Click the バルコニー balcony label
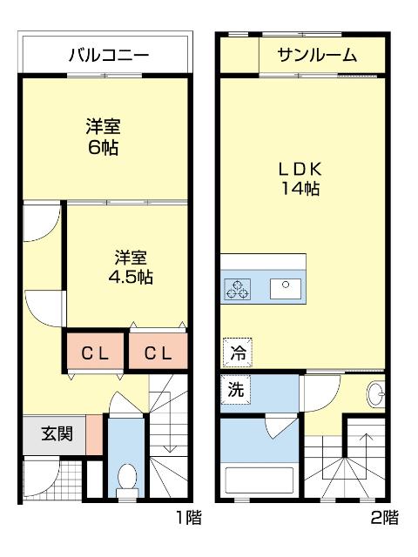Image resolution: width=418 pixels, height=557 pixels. pyautogui.click(x=108, y=57)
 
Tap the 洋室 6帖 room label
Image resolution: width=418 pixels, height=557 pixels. pyautogui.click(x=103, y=136)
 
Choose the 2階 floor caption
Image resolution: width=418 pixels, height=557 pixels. pyautogui.click(x=384, y=519)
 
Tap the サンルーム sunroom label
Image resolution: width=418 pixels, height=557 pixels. pyautogui.click(x=317, y=57)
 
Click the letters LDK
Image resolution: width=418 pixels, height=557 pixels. pyautogui.click(x=299, y=168)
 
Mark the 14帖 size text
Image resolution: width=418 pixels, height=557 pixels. pyautogui.click(x=299, y=189)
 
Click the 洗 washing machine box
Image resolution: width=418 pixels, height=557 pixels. pyautogui.click(x=236, y=391)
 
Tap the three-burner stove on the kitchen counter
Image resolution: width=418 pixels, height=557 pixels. pyautogui.click(x=238, y=288)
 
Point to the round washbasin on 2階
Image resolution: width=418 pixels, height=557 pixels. pyautogui.click(x=377, y=395)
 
